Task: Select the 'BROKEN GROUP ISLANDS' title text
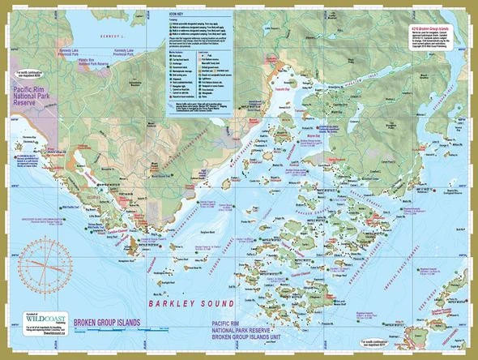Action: (107, 323)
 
